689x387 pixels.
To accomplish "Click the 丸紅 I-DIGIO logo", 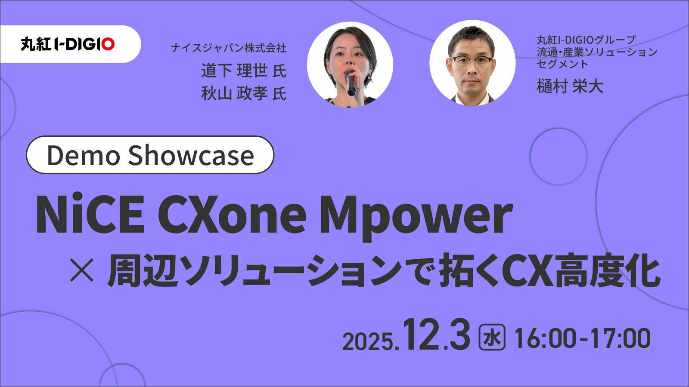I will [68, 44].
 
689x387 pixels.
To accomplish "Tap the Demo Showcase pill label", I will [150, 155].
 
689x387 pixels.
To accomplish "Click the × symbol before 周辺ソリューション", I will [82, 271].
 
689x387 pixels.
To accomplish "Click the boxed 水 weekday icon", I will [492, 338].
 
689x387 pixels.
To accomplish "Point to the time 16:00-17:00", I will [582, 338].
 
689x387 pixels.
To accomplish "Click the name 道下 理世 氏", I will [243, 71].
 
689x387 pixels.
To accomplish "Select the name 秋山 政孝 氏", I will [243, 93].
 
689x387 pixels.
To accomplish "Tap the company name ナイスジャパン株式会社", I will [228, 48].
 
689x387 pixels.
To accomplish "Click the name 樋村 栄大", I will [569, 86].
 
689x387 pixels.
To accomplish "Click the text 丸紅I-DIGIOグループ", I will [586, 40].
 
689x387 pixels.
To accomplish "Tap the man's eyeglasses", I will [472, 61].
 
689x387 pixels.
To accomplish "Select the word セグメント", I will [562, 64].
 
